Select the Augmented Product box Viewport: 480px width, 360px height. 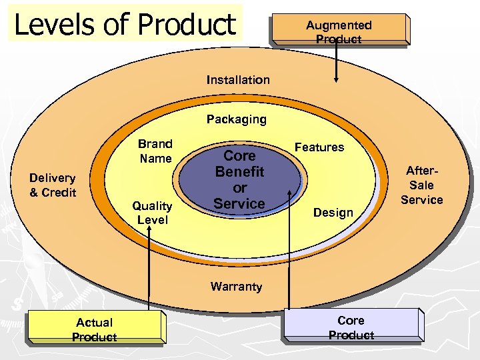[x=339, y=31]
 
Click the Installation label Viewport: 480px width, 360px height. [x=238, y=80]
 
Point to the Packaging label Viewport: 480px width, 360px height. [x=236, y=120]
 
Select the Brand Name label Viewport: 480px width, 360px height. [x=155, y=151]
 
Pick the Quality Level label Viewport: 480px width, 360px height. [x=152, y=213]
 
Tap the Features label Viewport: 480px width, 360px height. [x=319, y=147]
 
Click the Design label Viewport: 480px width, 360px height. [x=333, y=213]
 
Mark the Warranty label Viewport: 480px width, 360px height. [x=236, y=287]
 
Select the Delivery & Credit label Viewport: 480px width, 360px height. [x=53, y=185]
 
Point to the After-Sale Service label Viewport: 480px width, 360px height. [x=421, y=185]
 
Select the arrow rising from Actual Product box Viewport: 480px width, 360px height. [x=148, y=267]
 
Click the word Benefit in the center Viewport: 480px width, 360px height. [x=239, y=172]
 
